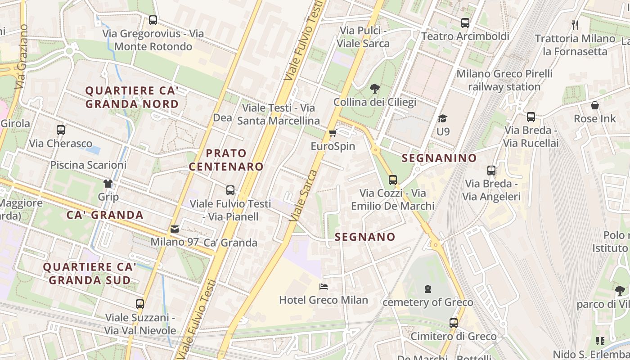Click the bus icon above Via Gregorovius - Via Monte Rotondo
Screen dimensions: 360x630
(x=153, y=20)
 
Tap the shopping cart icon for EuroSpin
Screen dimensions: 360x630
(x=333, y=133)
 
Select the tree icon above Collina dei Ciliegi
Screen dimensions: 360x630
(x=374, y=89)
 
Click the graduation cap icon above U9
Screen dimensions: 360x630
(x=443, y=118)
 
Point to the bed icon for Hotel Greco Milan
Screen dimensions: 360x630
(x=323, y=287)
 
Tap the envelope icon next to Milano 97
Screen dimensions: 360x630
(x=175, y=229)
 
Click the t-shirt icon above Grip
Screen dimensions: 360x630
(x=108, y=184)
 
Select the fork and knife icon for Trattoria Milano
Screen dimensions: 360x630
(x=575, y=25)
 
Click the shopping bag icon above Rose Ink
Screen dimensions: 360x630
(x=595, y=106)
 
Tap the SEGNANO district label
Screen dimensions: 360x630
(x=365, y=237)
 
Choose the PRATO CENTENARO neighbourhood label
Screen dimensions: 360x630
(x=226, y=160)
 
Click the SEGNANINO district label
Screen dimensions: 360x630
(x=439, y=158)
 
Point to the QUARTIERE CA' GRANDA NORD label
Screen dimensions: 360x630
(x=132, y=97)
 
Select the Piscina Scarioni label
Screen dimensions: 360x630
(x=88, y=165)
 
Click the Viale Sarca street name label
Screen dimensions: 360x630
(x=304, y=196)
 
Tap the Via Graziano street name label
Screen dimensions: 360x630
(x=21, y=56)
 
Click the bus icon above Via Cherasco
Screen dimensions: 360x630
(x=61, y=130)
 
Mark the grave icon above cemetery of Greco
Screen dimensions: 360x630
(x=427, y=289)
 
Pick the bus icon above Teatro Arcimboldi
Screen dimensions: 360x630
(x=465, y=23)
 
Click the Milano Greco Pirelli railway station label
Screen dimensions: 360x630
(x=504, y=80)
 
